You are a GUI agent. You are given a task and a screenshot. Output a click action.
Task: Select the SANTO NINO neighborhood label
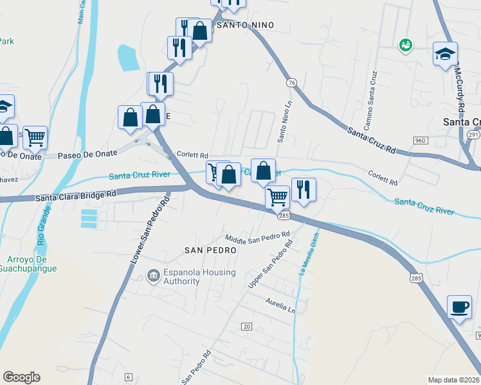245,25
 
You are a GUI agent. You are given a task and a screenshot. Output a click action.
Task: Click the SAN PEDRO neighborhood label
207,250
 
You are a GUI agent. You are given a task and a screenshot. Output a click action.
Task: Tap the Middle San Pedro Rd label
257,237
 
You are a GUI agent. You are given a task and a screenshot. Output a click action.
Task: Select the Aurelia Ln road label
281,305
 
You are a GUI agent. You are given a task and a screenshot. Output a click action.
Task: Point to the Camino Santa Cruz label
372,89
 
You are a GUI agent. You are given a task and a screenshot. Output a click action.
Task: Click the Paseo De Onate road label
87,154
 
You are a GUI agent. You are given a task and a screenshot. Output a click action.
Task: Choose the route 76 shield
292,83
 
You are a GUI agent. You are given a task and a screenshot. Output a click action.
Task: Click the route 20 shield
246,327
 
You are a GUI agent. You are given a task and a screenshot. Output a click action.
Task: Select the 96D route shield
421,140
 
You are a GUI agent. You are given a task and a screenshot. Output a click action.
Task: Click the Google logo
21,377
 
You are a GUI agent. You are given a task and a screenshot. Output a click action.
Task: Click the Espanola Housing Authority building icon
153,277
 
